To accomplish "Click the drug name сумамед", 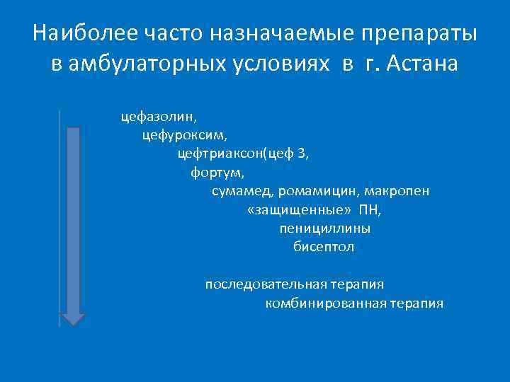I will click(240, 190).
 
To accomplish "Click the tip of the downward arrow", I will click(72, 325).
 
